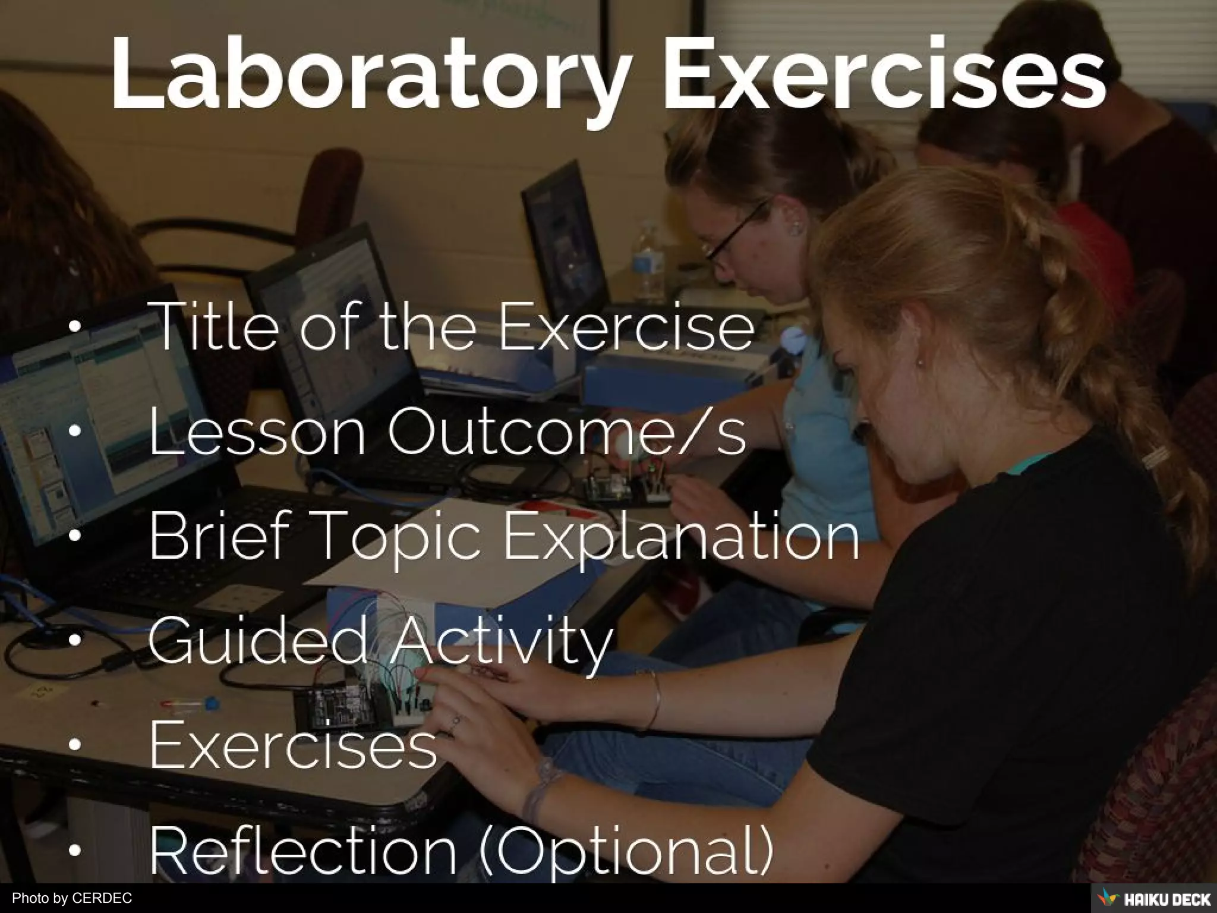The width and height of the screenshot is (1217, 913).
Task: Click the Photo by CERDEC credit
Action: pyautogui.click(x=72, y=898)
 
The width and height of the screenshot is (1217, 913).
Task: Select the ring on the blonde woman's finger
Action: pyautogui.click(x=455, y=722)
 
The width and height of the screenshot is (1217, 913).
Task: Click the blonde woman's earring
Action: pyautogui.click(x=920, y=361)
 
